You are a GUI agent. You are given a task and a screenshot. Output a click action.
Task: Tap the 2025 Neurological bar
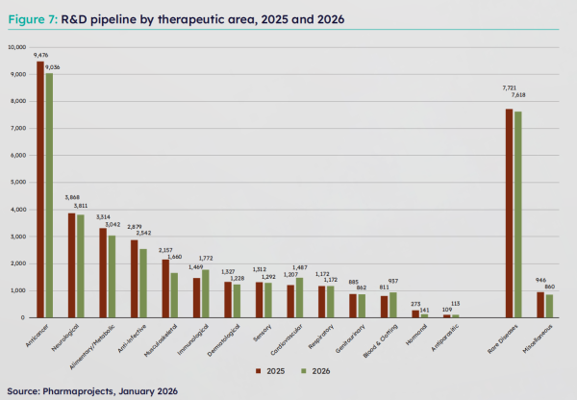[x=71, y=264]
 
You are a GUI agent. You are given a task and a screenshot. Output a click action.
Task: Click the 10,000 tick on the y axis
[x=16, y=47]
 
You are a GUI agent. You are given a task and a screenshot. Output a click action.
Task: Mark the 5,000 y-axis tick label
[x=18, y=182]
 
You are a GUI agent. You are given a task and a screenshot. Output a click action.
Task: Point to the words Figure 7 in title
[x=31, y=19]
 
